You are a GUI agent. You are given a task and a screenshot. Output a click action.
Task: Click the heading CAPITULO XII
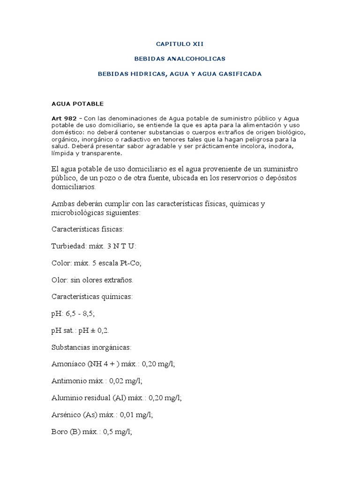180,44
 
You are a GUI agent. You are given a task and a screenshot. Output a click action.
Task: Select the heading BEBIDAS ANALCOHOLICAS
180,59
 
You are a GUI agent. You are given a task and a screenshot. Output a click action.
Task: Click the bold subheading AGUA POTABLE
77,103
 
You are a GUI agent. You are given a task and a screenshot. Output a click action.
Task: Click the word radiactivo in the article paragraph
142,139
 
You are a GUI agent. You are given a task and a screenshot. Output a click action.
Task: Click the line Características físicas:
88,229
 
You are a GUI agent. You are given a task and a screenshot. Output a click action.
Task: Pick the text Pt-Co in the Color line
130,263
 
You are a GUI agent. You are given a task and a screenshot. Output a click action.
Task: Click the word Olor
60,280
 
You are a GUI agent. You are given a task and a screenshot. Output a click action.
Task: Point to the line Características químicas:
92,297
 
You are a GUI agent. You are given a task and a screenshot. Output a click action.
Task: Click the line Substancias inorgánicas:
92,347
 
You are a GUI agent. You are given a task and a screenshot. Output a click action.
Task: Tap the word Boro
60,432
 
